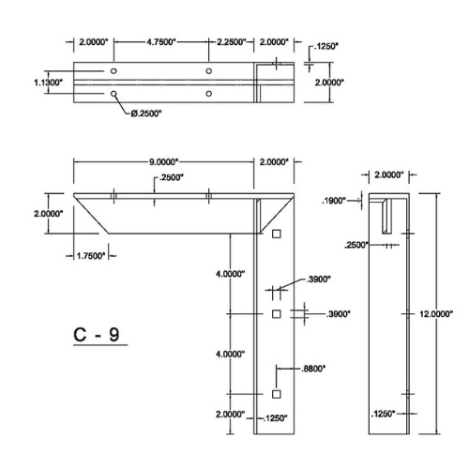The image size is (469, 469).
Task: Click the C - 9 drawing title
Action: [97, 335]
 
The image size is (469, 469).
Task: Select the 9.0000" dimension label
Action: [163, 162]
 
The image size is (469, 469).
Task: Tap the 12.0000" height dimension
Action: [436, 314]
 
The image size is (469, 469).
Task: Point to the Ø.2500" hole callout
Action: [146, 113]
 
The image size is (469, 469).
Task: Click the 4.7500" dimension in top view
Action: [161, 42]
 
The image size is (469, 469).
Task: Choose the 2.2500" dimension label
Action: [232, 42]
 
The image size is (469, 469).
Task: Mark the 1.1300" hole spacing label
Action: [48, 83]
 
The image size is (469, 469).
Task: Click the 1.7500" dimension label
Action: [91, 256]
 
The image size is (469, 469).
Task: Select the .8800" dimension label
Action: [313, 369]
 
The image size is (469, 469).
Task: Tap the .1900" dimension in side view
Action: [334, 201]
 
